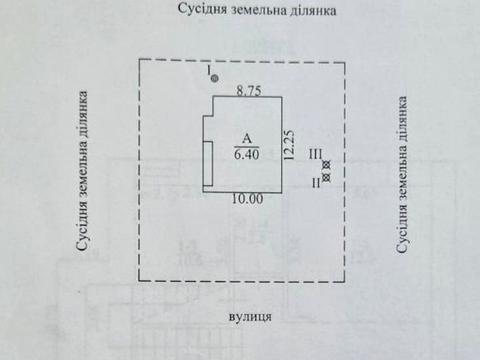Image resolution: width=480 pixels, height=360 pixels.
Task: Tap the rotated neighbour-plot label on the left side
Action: (x=83, y=178)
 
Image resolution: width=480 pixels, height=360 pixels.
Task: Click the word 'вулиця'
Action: (x=247, y=315)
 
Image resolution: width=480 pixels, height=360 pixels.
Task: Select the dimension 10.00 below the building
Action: (x=247, y=199)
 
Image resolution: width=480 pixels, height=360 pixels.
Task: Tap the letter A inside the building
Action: (x=244, y=140)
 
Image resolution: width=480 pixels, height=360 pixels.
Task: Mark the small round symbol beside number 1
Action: (x=215, y=77)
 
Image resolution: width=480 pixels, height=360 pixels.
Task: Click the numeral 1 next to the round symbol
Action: (x=208, y=71)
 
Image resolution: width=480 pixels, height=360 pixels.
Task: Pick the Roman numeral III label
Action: (x=314, y=154)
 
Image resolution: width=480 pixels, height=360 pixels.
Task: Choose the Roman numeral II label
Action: (x=317, y=182)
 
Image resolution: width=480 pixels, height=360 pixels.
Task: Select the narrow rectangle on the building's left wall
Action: (x=207, y=165)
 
